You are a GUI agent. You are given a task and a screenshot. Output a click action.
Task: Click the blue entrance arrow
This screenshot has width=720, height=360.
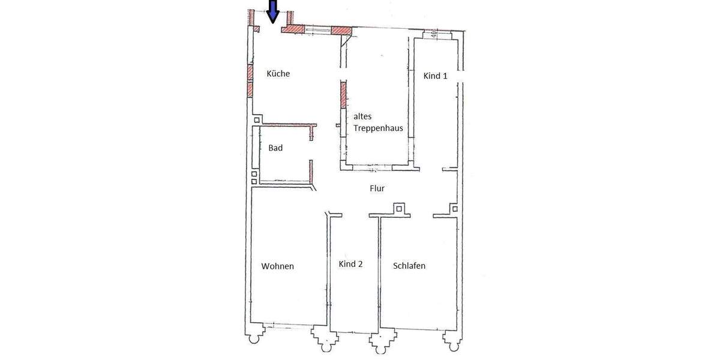click(x=273, y=11)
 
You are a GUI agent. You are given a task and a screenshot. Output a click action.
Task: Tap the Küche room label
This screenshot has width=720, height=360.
click(x=278, y=74)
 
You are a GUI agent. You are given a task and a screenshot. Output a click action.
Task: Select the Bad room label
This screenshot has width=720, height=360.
click(x=275, y=148)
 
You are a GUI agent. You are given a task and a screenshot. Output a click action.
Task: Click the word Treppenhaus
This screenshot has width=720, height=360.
click(x=378, y=128)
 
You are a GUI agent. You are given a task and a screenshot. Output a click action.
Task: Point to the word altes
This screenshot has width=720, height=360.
click(x=364, y=116)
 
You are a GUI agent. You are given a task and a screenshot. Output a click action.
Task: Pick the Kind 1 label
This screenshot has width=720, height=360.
click(x=436, y=76)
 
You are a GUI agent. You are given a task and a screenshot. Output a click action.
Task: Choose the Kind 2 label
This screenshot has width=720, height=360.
click(x=350, y=264)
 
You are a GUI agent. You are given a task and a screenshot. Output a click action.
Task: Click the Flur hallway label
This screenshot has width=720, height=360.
click(x=377, y=188)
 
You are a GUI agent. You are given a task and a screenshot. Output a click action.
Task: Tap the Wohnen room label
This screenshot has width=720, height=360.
click(x=278, y=266)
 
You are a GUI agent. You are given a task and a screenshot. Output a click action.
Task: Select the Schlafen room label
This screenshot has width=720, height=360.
click(x=409, y=265)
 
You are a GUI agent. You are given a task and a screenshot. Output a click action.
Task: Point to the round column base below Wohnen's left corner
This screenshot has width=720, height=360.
click(x=254, y=339)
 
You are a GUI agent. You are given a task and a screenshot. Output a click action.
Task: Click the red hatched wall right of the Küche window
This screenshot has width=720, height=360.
click(x=341, y=29)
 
